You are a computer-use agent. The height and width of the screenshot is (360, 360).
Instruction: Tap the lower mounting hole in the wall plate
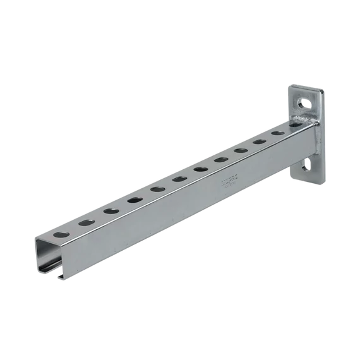[307, 165]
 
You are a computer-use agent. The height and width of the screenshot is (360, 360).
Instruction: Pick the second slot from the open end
[87, 222]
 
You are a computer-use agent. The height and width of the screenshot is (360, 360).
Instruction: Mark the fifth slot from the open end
[157, 189]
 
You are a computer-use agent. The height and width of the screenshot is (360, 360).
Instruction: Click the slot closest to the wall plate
[277, 134]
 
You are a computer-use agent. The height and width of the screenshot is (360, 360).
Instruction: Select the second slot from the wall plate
[259, 142]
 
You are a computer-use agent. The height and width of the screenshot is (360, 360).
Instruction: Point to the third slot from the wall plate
[240, 151]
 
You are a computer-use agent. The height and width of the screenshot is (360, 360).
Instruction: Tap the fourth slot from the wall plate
[220, 160]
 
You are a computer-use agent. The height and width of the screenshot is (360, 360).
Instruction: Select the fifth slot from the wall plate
[200, 169]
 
